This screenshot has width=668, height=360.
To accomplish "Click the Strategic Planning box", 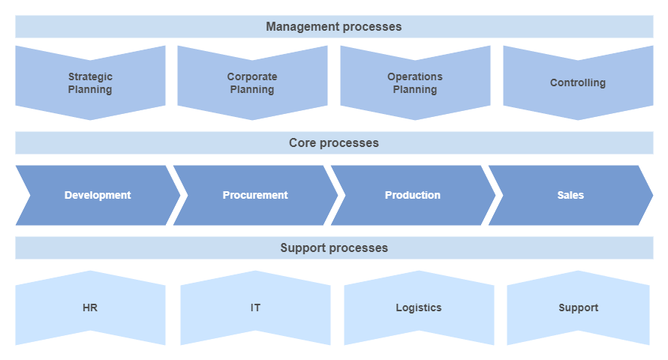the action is point(90,83).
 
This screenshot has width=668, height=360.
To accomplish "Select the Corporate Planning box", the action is point(252,83).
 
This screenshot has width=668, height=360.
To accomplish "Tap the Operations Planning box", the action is point(415,83).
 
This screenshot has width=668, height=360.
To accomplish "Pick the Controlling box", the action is point(578,83).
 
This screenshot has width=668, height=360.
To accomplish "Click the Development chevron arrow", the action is point(98,195).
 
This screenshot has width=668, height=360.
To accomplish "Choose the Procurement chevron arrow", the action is point(256,195).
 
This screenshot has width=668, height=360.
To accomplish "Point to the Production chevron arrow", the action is point(414,195).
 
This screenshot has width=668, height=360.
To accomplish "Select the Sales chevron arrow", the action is point(571,195).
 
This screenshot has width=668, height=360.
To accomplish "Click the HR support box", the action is point(90,307).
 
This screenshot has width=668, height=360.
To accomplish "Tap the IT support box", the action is point(256,307).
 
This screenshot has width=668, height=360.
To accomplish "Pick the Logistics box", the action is point(419,307).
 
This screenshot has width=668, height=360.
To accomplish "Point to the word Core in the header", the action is point(302,143).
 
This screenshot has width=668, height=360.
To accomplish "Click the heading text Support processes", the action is point(334,248).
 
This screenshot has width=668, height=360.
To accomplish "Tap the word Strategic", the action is point(90,77).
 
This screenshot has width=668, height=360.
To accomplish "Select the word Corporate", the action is point(252,76).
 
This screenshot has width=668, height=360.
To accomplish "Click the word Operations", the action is point(415,76).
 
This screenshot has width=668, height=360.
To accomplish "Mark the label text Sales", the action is point(571,195).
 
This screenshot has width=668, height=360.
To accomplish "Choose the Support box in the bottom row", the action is point(578,307).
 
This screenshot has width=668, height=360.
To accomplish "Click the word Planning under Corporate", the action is point(252,90).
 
